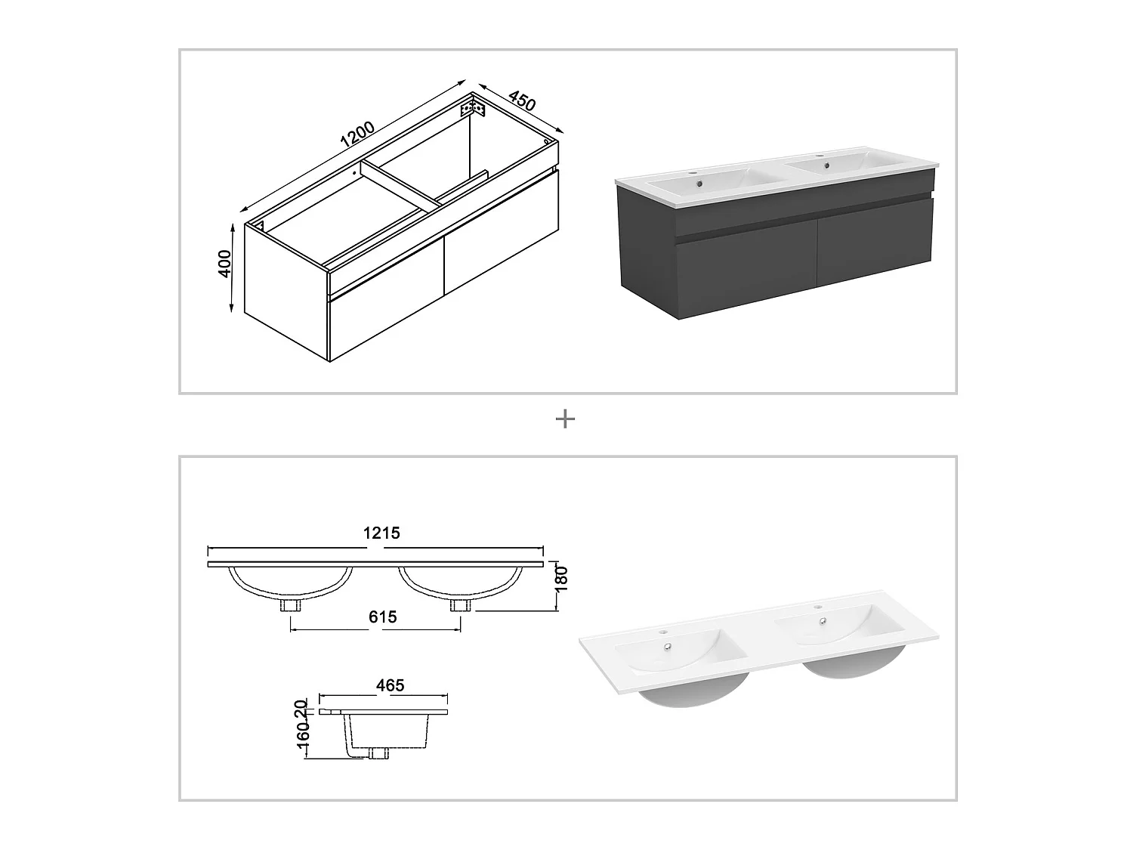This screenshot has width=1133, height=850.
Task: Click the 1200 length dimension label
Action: (x=357, y=134)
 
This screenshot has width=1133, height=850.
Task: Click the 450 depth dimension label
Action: (x=522, y=100)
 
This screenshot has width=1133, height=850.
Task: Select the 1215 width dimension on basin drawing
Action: (x=381, y=533)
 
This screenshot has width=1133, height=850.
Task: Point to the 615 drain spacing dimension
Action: (x=383, y=617)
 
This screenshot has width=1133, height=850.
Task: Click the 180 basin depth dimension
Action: (x=560, y=578)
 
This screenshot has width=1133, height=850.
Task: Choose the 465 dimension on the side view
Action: (x=390, y=685)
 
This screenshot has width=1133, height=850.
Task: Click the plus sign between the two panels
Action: (x=565, y=419)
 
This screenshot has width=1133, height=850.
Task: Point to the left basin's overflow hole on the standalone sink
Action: (x=668, y=647)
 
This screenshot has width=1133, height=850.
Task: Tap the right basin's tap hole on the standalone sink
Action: (x=816, y=607)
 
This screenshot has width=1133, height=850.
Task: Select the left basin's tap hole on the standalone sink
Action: (x=663, y=632)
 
